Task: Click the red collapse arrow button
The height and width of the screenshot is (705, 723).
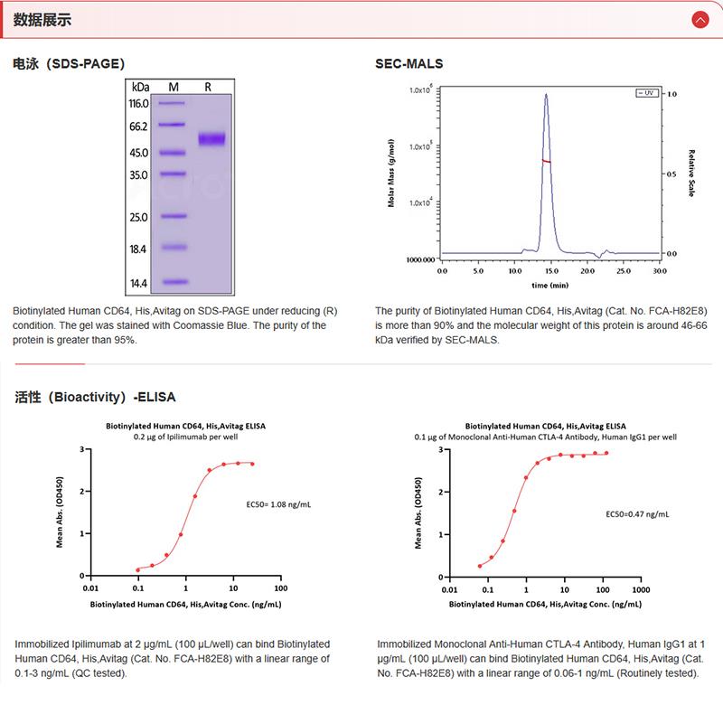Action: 700,19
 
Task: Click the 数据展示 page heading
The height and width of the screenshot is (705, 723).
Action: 43,20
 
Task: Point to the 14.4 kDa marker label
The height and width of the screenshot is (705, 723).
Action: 138,283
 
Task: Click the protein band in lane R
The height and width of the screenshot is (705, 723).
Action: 211,139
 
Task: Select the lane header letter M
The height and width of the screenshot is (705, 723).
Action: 174,87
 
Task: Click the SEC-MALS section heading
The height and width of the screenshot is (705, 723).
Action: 408,63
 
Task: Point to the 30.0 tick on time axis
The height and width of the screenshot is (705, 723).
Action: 660,270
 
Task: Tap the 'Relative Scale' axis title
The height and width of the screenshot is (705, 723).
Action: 690,174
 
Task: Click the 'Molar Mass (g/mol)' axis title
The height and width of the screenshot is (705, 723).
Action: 392,174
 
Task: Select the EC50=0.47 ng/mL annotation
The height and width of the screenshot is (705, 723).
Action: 637,513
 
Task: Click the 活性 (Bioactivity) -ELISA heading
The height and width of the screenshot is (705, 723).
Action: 95,396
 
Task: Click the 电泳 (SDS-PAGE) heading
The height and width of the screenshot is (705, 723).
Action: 69,63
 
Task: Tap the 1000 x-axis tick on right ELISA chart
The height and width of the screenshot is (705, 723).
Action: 639,587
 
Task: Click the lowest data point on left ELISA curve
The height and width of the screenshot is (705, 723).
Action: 137,569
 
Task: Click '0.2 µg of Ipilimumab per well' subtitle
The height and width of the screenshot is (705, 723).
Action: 187,436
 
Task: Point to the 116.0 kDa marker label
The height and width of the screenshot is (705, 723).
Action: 138,103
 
